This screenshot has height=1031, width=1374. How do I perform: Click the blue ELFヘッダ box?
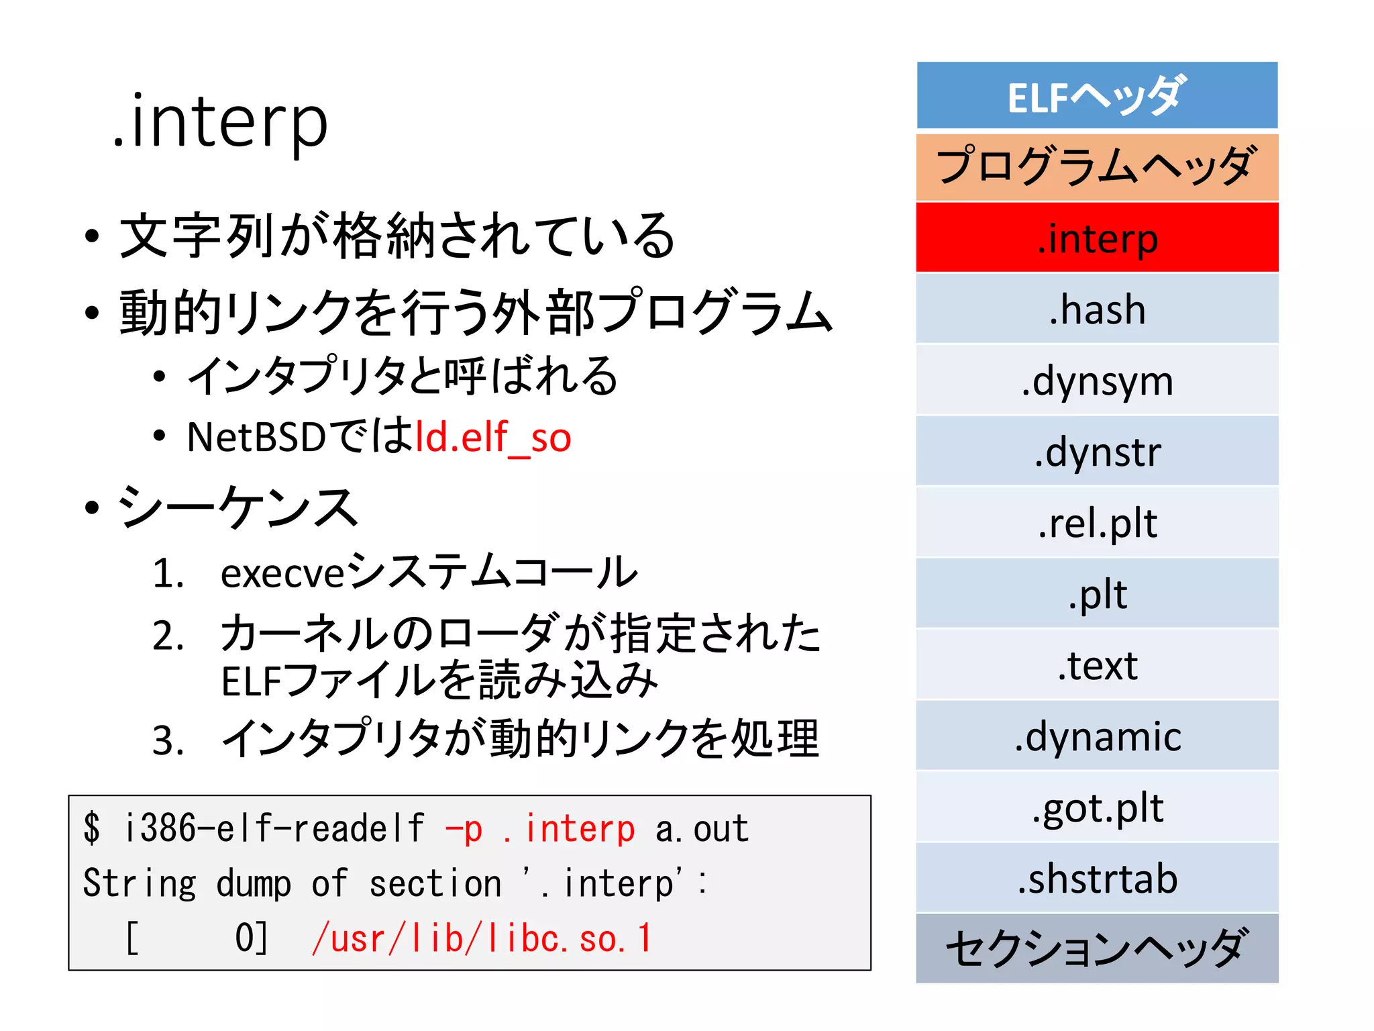pyautogui.click(x=1097, y=95)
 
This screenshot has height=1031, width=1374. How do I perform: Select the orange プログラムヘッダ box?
pyautogui.click(x=1097, y=166)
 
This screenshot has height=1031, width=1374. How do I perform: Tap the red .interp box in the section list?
pyautogui.click(x=1097, y=238)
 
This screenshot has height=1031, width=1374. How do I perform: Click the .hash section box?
pyautogui.click(x=1097, y=309)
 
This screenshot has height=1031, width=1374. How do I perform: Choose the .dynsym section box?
pyautogui.click(x=1097, y=380)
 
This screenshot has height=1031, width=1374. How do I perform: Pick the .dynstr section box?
pyautogui.click(x=1097, y=451)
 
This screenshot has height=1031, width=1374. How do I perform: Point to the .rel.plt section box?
pyautogui.click(x=1097, y=522)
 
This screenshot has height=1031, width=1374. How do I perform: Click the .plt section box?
pyautogui.click(x=1097, y=593)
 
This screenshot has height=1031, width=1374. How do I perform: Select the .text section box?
pyautogui.click(x=1097, y=665)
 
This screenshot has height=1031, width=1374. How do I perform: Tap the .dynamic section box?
pyautogui.click(x=1097, y=736)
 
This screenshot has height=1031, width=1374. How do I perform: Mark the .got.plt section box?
pyautogui.click(x=1097, y=807)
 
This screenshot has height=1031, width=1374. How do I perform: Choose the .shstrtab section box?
pyautogui.click(x=1097, y=878)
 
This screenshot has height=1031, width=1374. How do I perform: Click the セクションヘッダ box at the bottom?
pyautogui.click(x=1097, y=948)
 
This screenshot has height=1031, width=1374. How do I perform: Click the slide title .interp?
pyautogui.click(x=220, y=122)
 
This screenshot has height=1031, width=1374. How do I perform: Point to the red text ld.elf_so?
pyautogui.click(x=493, y=438)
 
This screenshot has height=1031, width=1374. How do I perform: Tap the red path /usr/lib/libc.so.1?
pyautogui.click(x=481, y=938)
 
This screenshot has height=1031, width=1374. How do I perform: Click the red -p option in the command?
pyautogui.click(x=464, y=829)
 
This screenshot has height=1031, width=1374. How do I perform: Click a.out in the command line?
pyautogui.click(x=701, y=829)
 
